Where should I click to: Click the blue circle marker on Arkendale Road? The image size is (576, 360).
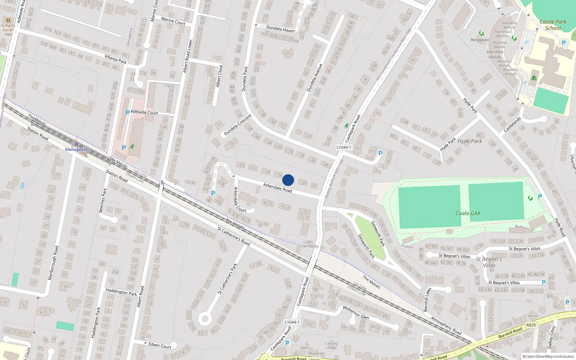tap(288, 180)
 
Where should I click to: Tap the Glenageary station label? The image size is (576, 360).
tap(76, 149)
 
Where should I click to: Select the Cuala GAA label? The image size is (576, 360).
tap(467, 213)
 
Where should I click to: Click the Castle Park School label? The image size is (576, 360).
tap(553, 25)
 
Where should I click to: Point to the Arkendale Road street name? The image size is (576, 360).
tap(277, 188)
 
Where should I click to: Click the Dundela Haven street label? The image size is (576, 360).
tap(280, 29)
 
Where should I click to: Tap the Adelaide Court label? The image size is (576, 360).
tap(144, 112)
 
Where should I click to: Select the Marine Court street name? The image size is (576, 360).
tap(173, 21)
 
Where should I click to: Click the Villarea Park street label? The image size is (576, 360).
tap(115, 59)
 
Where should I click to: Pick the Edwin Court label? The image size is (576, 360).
tap(160, 345)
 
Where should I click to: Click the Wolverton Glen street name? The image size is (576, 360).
tap(356, 312)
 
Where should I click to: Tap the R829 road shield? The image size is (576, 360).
tap(531, 325)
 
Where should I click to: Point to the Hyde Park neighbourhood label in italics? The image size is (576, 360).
tap(469, 141)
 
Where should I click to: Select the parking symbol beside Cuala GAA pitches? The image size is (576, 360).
tap(540, 197)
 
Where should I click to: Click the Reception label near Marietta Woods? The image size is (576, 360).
tap(480, 40)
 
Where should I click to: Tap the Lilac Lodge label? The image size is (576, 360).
tap(309, 246)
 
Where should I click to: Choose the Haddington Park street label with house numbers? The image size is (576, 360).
tap(121, 292)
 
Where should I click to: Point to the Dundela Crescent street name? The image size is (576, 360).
tap(237, 125)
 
